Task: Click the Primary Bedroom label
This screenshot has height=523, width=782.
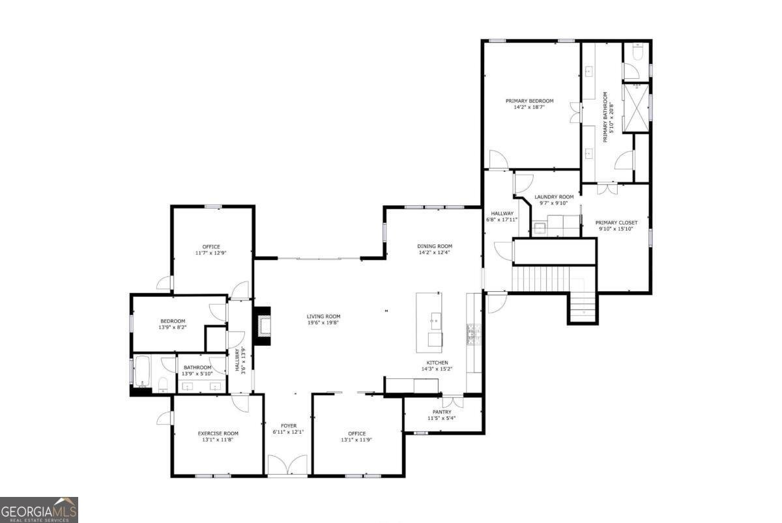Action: pos(530,101)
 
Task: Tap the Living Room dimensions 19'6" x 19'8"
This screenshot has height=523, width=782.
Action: pos(324,322)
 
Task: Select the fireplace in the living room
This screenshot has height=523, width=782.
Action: pos(263,326)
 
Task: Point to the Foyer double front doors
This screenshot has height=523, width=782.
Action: pos(287,465)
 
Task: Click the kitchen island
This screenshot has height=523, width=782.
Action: pos(429,322)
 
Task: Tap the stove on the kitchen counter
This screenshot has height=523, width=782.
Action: pos(473,334)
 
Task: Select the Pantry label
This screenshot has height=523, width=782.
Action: pos(442,412)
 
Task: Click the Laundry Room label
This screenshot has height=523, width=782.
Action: pos(554,197)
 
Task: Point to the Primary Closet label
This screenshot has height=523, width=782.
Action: pos(617,222)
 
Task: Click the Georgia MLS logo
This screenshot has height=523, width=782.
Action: pos(39,509)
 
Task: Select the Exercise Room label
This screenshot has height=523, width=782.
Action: pos(218,433)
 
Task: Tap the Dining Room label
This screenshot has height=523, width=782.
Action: pos(434,246)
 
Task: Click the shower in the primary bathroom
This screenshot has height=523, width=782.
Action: pos(636,107)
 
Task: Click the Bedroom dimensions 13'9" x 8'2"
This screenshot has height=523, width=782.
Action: pos(173,328)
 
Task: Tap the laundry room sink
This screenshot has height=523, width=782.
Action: pos(540,228)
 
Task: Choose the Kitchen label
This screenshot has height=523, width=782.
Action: pos(437,363)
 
